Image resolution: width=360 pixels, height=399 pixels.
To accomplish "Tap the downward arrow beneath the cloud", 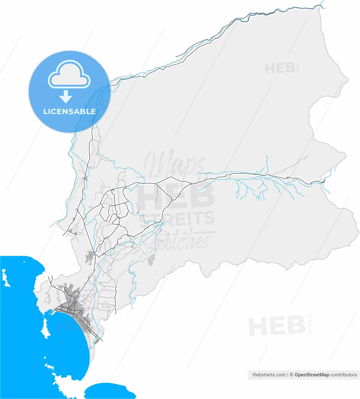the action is pyautogui.click(x=66, y=97).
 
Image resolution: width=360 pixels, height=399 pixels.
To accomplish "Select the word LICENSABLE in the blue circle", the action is pyautogui.click(x=69, y=111).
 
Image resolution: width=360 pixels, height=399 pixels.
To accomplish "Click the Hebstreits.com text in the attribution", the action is pyautogui.click(x=269, y=375).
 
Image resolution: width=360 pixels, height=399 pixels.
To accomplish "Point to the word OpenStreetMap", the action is pyautogui.click(x=312, y=375).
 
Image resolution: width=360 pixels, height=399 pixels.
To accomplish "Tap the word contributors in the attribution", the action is pyautogui.click(x=344, y=375).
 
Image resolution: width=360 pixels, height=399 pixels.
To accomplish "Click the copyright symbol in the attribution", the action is pyautogui.click(x=291, y=375).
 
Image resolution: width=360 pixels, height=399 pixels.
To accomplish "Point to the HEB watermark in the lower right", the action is pyautogui.click(x=276, y=326).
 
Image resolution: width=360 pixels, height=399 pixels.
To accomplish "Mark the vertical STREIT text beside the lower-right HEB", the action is pyautogui.click(x=310, y=324).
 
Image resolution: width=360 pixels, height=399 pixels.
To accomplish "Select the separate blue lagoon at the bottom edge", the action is pyautogui.click(x=111, y=391).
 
